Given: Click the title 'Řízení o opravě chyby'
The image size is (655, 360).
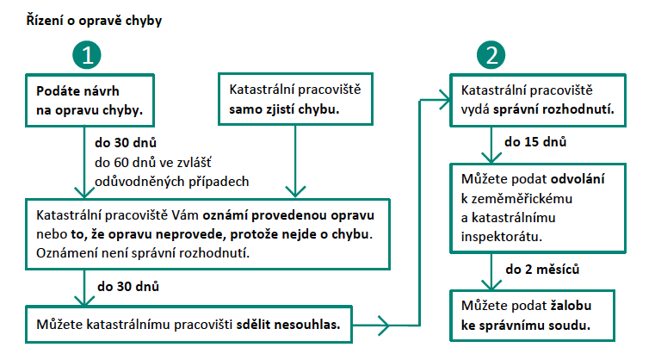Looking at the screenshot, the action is pos(94,21).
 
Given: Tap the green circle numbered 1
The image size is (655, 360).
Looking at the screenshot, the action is pos(87,55).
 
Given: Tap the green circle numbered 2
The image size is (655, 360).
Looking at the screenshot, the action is pos(491,55).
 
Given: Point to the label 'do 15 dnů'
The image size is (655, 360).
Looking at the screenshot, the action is pos(535,142).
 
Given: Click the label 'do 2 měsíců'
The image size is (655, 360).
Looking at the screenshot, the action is pos(542,270).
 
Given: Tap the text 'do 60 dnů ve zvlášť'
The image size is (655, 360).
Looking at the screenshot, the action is pos(153,162).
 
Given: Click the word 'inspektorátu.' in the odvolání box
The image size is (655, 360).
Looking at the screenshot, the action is pos(501,237).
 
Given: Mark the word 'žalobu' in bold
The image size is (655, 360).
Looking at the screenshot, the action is pos(571,306).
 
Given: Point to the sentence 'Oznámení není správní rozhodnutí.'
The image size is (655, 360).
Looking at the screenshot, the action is pos(143,253).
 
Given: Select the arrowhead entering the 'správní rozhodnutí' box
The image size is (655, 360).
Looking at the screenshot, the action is pos(444,100).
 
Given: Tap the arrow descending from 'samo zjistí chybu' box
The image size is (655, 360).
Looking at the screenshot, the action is pos(295,161).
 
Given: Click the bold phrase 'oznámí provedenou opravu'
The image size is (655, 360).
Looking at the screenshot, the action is pos(288,215).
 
